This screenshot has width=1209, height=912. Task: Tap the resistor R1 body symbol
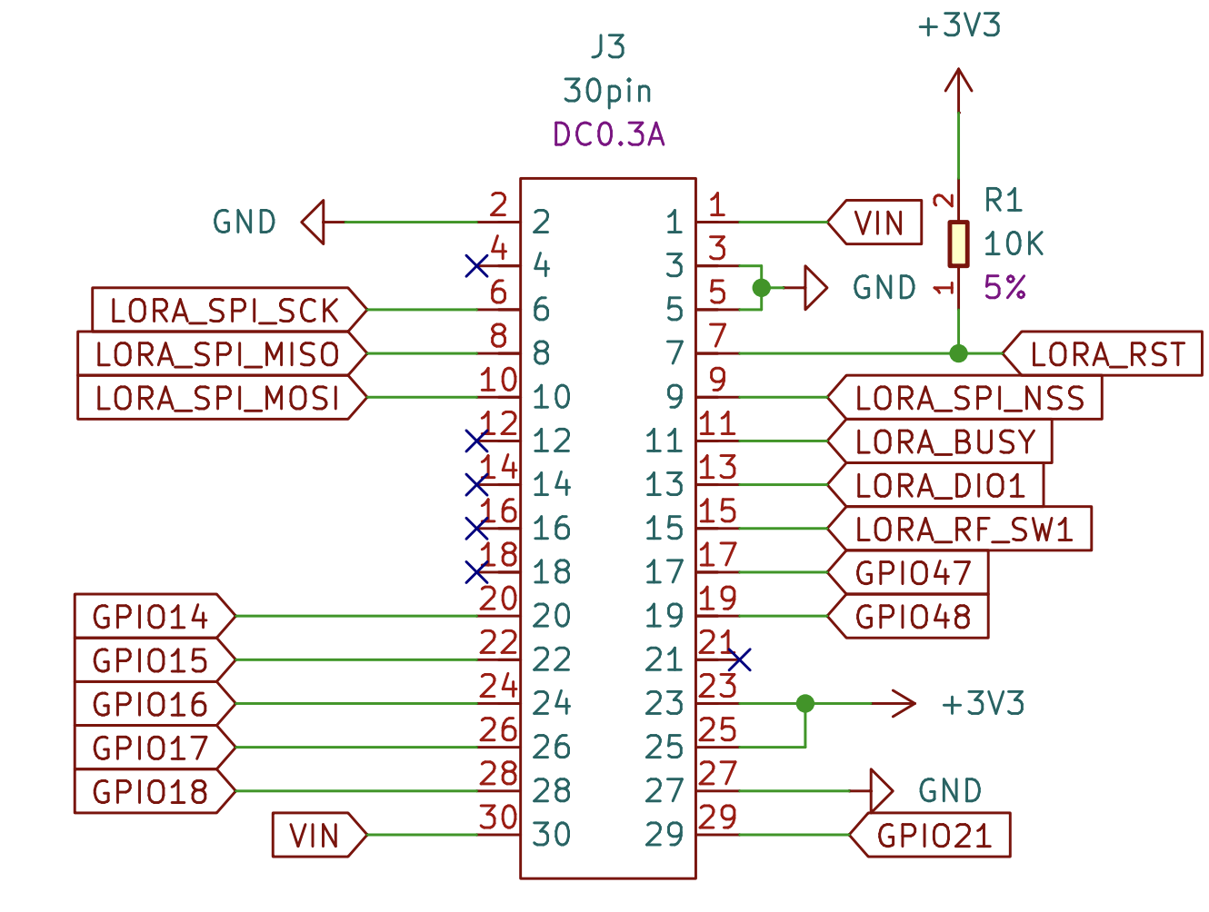(x=958, y=243)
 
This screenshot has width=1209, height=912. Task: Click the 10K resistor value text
(x=1014, y=243)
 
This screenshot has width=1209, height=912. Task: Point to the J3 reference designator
(x=608, y=46)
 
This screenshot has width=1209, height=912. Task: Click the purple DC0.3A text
(x=608, y=134)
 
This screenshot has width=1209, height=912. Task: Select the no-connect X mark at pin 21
(x=740, y=659)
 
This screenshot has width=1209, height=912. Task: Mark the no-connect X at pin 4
(x=476, y=266)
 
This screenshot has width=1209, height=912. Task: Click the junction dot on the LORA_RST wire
(x=958, y=353)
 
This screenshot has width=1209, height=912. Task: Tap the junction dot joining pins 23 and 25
(x=804, y=703)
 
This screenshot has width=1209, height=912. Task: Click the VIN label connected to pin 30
(x=315, y=836)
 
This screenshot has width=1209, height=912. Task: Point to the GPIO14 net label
(x=151, y=617)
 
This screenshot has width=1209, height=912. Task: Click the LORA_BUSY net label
(x=944, y=442)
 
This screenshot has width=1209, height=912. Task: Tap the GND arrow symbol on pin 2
(x=314, y=223)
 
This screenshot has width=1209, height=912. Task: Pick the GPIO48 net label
(x=913, y=617)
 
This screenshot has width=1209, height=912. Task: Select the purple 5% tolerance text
(x=1004, y=288)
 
